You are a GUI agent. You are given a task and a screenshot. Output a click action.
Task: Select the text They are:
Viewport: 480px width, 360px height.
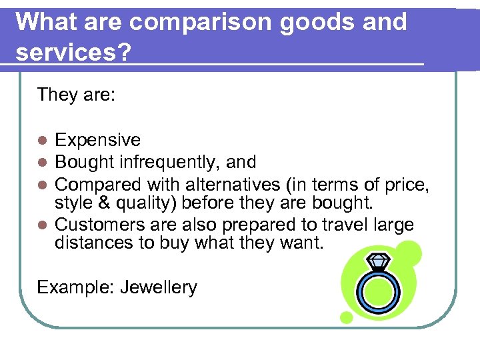tap(77, 95)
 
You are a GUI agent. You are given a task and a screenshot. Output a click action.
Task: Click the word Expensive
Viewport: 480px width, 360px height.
tap(98, 140)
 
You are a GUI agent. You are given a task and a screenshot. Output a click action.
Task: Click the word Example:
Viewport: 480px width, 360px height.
tap(75, 287)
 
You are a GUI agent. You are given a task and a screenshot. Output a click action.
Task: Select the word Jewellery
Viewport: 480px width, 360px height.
tap(159, 287)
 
